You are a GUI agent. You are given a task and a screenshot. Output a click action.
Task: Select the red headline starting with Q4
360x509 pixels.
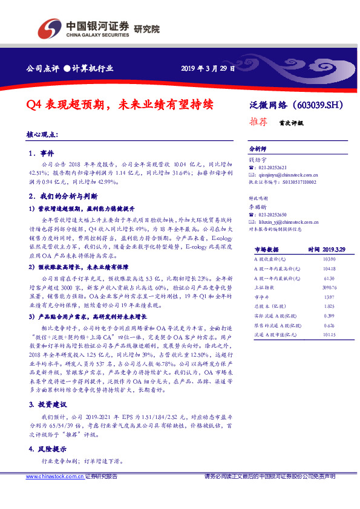120,104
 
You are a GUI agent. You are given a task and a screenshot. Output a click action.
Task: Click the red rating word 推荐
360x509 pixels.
259,121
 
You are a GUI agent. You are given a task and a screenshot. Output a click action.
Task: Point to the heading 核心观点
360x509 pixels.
44,134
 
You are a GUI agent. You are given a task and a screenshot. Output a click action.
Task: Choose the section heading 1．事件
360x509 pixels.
42,154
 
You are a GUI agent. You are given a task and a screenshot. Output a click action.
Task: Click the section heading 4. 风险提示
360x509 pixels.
50,450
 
